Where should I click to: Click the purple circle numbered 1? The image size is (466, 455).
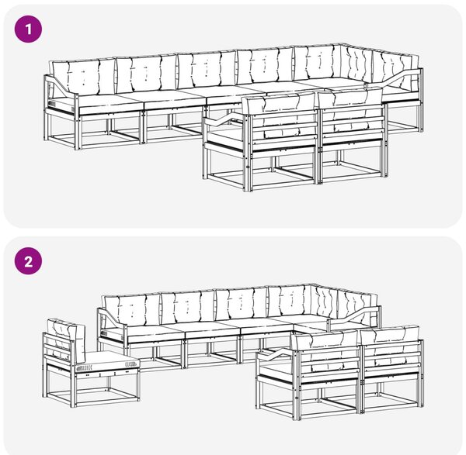pyautogui.click(x=28, y=29)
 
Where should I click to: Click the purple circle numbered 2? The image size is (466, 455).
pyautogui.click(x=28, y=261)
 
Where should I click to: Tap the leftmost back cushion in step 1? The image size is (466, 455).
pyautogui.click(x=83, y=77)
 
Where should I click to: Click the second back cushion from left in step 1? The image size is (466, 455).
pyautogui.click(x=146, y=74)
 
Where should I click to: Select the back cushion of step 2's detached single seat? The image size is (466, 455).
pyautogui.click(x=66, y=338)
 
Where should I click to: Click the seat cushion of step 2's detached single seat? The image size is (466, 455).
pyautogui.click(x=108, y=362)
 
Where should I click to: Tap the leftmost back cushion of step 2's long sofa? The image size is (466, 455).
pyautogui.click(x=131, y=309)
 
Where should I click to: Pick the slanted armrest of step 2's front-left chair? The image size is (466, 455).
pyautogui.click(x=276, y=354)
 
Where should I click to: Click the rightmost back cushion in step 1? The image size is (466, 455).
pyautogui.click(x=395, y=70)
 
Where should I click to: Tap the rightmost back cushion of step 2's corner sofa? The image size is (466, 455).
pyautogui.click(x=357, y=309)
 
